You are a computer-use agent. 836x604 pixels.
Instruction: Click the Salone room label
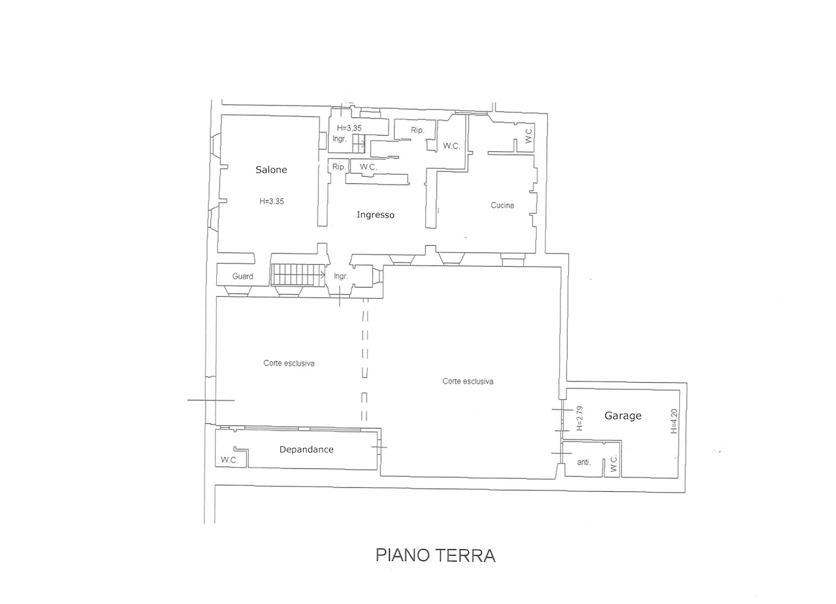click(x=271, y=170)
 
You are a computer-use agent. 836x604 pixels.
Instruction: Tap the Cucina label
click(x=502, y=205)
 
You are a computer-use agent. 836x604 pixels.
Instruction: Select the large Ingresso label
click(x=376, y=215)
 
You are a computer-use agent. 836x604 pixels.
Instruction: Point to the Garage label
click(x=623, y=415)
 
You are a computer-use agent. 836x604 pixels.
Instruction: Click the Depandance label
click(x=306, y=449)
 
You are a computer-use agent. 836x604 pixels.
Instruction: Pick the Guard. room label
click(x=243, y=277)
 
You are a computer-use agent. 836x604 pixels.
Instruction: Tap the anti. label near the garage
click(x=584, y=462)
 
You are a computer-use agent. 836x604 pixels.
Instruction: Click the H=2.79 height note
click(x=579, y=418)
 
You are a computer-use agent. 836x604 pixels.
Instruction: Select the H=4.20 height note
click(x=673, y=421)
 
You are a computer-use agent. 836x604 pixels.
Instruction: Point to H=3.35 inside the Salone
click(x=272, y=202)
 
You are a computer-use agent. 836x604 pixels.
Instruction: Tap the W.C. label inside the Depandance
click(x=229, y=460)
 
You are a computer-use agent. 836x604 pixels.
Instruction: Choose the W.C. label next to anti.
click(x=614, y=464)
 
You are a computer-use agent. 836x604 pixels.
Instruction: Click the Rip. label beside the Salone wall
click(x=339, y=167)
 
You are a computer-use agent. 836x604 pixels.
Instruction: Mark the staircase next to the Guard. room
click(x=298, y=275)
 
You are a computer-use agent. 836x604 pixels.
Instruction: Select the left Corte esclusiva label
click(x=289, y=363)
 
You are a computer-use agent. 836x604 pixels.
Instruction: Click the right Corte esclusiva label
click(x=468, y=382)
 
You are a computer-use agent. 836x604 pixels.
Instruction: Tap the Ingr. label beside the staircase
click(x=341, y=277)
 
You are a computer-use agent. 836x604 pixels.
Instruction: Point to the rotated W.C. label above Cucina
click(x=528, y=134)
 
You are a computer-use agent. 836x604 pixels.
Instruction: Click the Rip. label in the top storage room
click(x=417, y=130)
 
